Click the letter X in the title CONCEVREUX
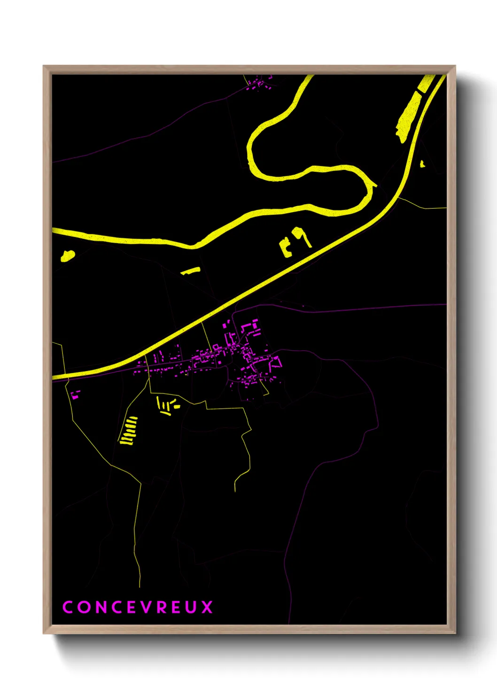pos(207,607)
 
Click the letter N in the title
pos(100,607)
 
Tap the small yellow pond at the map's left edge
pos(67,256)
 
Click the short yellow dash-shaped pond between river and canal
pos(191,270)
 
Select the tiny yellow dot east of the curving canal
pos(422,163)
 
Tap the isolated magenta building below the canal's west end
pos(75,394)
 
